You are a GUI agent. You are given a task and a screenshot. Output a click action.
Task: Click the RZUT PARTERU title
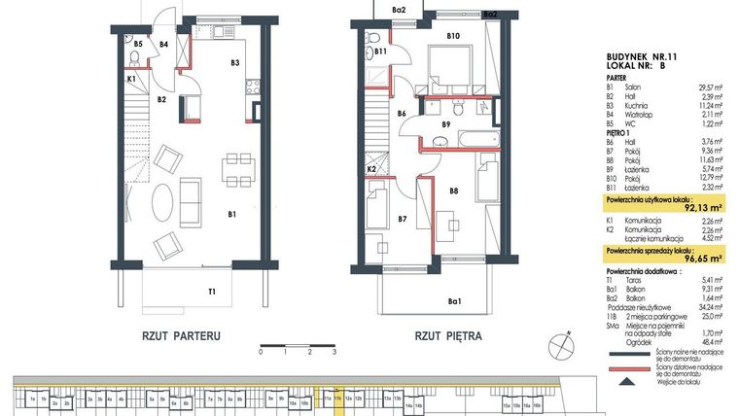point(182,336)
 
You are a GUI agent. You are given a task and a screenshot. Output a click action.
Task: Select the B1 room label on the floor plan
point(232,214)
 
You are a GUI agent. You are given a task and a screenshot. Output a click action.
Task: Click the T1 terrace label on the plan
point(211,290)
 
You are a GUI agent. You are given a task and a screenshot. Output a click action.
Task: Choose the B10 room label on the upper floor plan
point(452,36)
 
